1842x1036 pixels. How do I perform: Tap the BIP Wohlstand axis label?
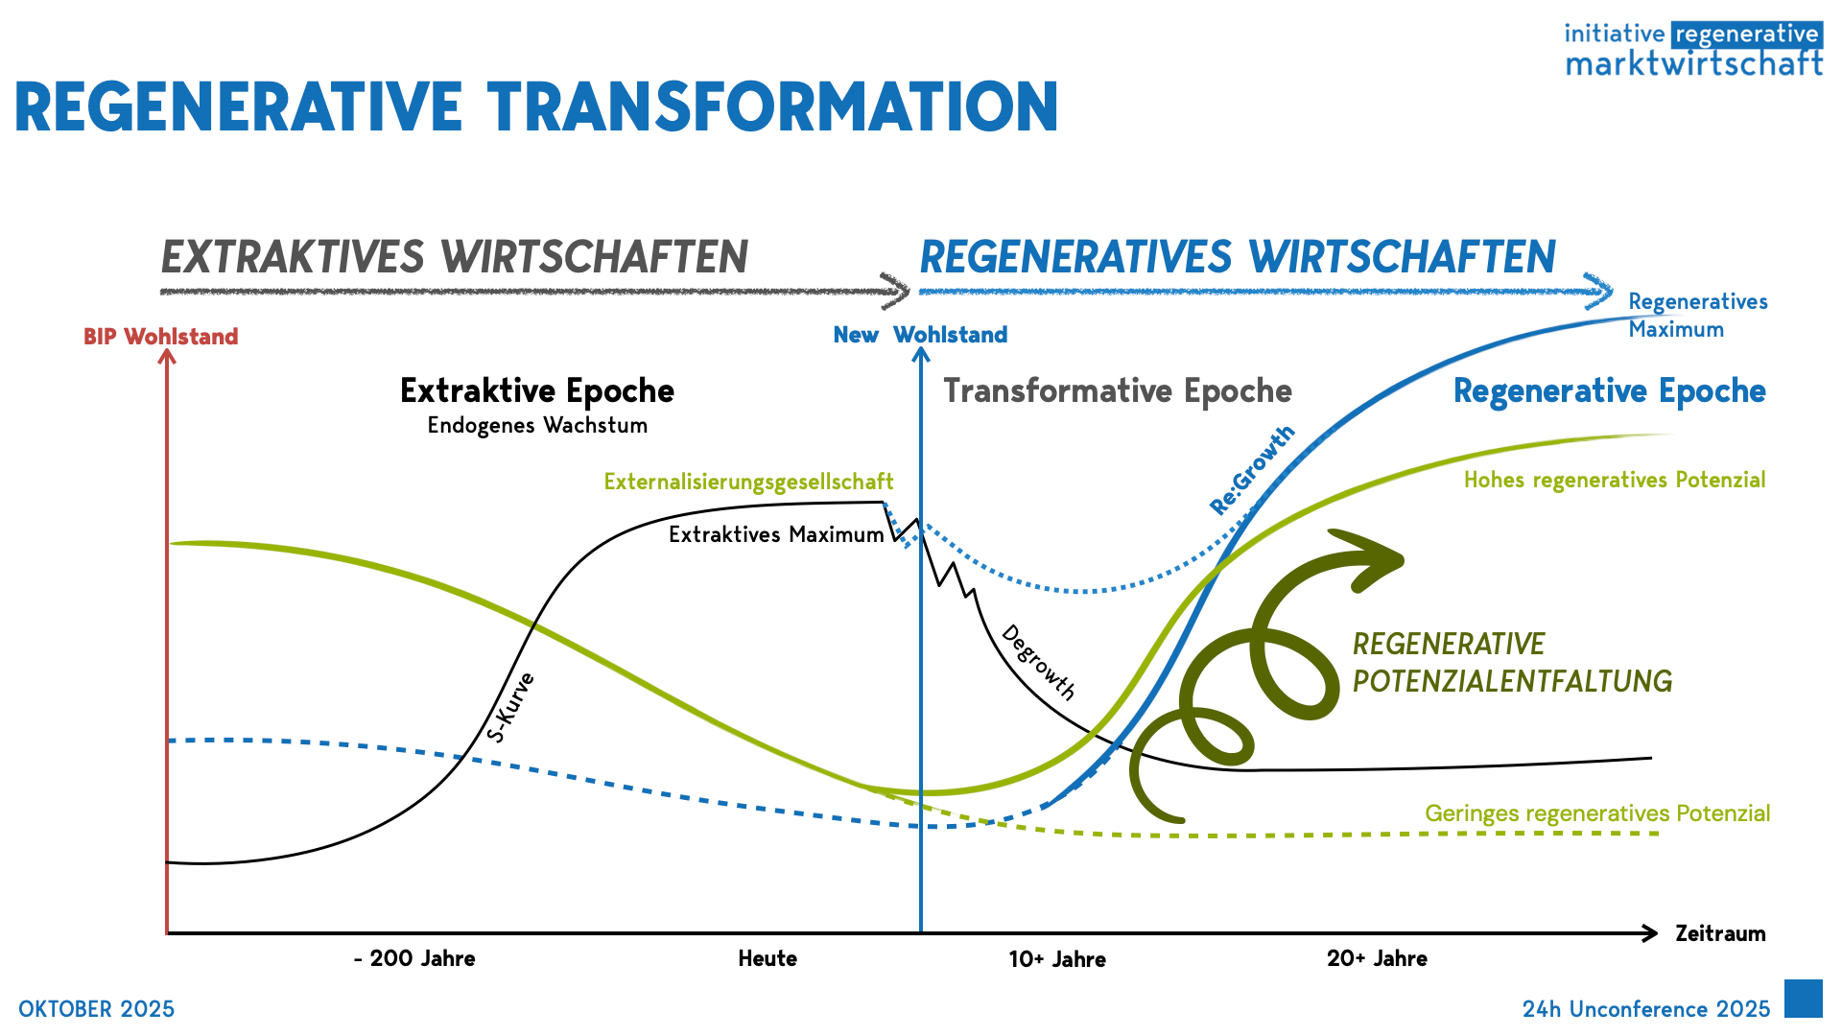(x=160, y=337)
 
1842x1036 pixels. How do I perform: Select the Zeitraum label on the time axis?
(x=1719, y=933)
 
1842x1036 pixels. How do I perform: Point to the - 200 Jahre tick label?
(x=414, y=958)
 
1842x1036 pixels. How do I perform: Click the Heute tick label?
(x=767, y=958)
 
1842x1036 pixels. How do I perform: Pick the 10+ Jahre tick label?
(x=1057, y=959)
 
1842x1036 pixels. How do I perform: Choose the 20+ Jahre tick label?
(x=1377, y=958)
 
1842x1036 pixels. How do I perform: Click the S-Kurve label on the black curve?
(x=510, y=708)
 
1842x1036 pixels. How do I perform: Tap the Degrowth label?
(x=1039, y=662)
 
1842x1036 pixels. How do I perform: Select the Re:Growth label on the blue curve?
(x=1252, y=470)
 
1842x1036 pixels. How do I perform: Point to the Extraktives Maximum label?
(x=776, y=534)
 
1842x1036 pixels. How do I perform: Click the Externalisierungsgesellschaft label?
(x=748, y=482)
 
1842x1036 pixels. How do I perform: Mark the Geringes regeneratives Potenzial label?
(x=1596, y=813)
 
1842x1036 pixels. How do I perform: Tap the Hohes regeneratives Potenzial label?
(x=1614, y=480)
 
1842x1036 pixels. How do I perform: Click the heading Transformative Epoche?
(x=1118, y=390)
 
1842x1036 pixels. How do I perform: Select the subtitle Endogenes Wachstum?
(x=537, y=425)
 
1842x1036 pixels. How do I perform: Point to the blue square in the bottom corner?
(x=1803, y=999)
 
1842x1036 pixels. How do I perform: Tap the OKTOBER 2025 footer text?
(x=96, y=1009)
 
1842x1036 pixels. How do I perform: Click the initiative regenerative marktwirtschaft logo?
(x=1693, y=49)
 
